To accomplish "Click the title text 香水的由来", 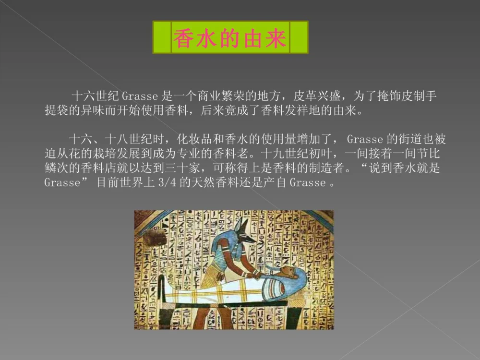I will point(230,37).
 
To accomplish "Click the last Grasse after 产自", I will point(307,183).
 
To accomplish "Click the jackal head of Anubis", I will point(242,229).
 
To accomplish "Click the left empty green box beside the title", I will point(162,37).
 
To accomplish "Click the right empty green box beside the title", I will point(299,37).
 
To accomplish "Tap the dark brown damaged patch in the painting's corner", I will point(152,236).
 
